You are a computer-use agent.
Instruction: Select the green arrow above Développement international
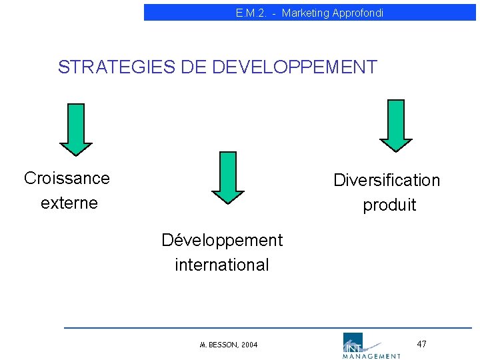pyautogui.click(x=228, y=177)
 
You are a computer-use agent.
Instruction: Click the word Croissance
pyautogui.click(x=67, y=179)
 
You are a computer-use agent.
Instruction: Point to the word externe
pyautogui.click(x=69, y=203)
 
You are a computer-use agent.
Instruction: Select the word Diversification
pyautogui.click(x=387, y=181)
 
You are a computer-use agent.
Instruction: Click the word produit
pyautogui.click(x=389, y=205)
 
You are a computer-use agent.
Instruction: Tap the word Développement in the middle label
pyautogui.click(x=222, y=240)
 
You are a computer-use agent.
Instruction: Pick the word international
pyautogui.click(x=222, y=265)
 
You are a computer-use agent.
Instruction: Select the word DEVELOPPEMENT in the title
pyautogui.click(x=294, y=67)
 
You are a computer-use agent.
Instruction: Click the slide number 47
pyautogui.click(x=421, y=344)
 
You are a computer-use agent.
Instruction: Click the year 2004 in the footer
pyautogui.click(x=249, y=345)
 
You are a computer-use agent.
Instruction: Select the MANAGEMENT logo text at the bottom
pyautogui.click(x=372, y=356)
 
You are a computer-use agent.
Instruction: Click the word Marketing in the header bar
pyautogui.click(x=303, y=13)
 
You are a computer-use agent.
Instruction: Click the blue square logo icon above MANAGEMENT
pyautogui.click(x=351, y=341)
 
